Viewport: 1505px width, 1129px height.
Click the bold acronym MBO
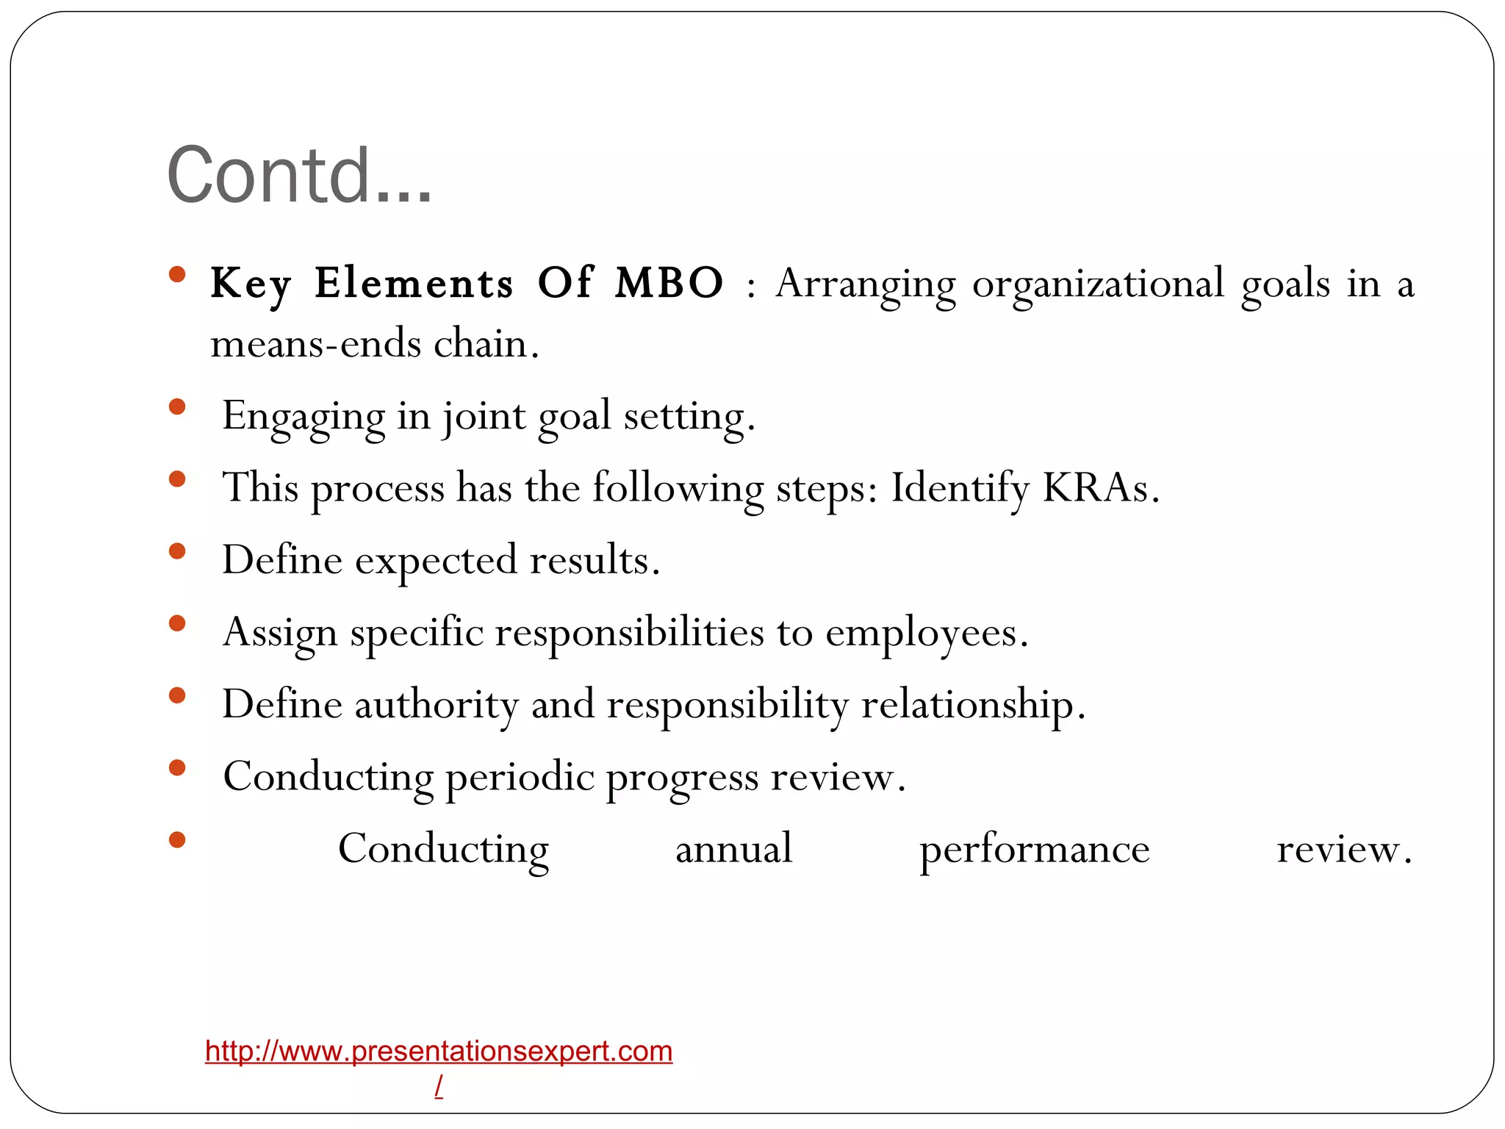click(669, 282)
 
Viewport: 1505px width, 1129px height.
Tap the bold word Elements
click(414, 282)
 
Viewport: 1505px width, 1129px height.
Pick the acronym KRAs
click(1100, 487)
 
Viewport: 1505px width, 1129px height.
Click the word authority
click(437, 705)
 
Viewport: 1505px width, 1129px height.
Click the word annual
click(733, 849)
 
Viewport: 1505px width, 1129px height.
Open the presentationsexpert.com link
click(439, 1051)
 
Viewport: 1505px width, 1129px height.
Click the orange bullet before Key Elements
click(176, 275)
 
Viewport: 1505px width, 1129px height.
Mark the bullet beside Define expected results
click(176, 551)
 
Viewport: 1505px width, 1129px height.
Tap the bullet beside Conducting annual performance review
click(176, 839)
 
